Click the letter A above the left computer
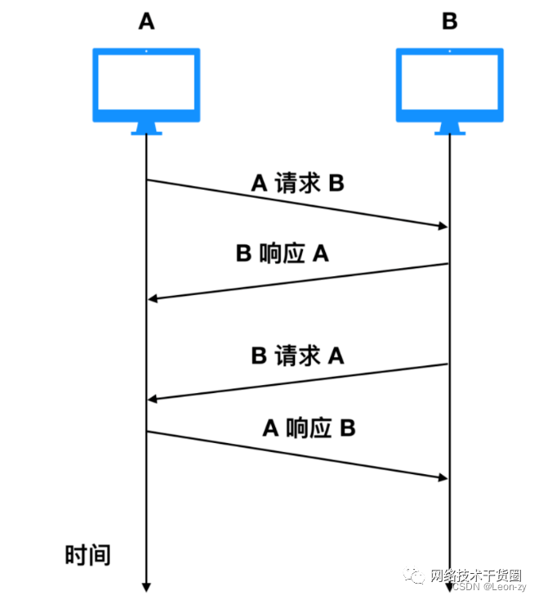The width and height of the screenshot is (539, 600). (x=146, y=22)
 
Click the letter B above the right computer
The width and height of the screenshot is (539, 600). (x=449, y=22)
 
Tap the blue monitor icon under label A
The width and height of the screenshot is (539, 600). (x=146, y=86)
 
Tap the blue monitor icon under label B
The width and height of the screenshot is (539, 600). (x=449, y=86)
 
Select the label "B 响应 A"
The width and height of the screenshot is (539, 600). (x=282, y=254)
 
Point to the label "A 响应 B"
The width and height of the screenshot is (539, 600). (x=309, y=428)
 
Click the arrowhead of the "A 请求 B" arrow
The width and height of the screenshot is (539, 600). (x=443, y=226)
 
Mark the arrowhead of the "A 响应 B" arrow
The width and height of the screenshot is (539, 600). (x=443, y=477)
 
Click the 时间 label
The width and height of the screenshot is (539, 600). (x=87, y=556)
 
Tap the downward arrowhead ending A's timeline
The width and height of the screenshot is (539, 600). (x=146, y=586)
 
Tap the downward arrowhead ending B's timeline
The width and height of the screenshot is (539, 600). (x=449, y=586)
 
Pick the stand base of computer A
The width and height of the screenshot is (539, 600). (x=146, y=131)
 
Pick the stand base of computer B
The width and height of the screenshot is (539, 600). (x=449, y=131)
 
